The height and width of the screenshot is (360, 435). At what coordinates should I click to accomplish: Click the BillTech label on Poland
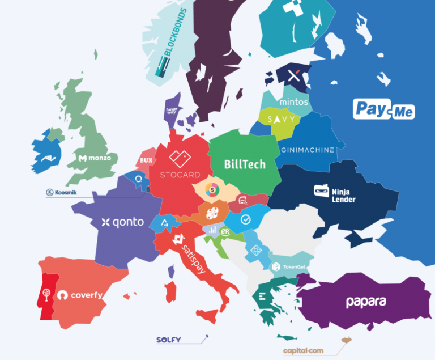tap(244, 164)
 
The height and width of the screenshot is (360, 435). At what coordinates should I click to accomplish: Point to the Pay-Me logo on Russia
tap(384, 109)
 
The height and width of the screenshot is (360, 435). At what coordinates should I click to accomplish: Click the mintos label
tap(294, 103)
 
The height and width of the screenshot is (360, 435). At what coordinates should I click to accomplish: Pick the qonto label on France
tap(122, 222)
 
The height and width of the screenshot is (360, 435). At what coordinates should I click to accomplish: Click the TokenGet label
tap(284, 266)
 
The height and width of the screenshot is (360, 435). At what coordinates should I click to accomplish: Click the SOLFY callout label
tap(168, 340)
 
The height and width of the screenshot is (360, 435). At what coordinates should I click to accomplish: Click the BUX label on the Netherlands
tap(146, 161)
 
